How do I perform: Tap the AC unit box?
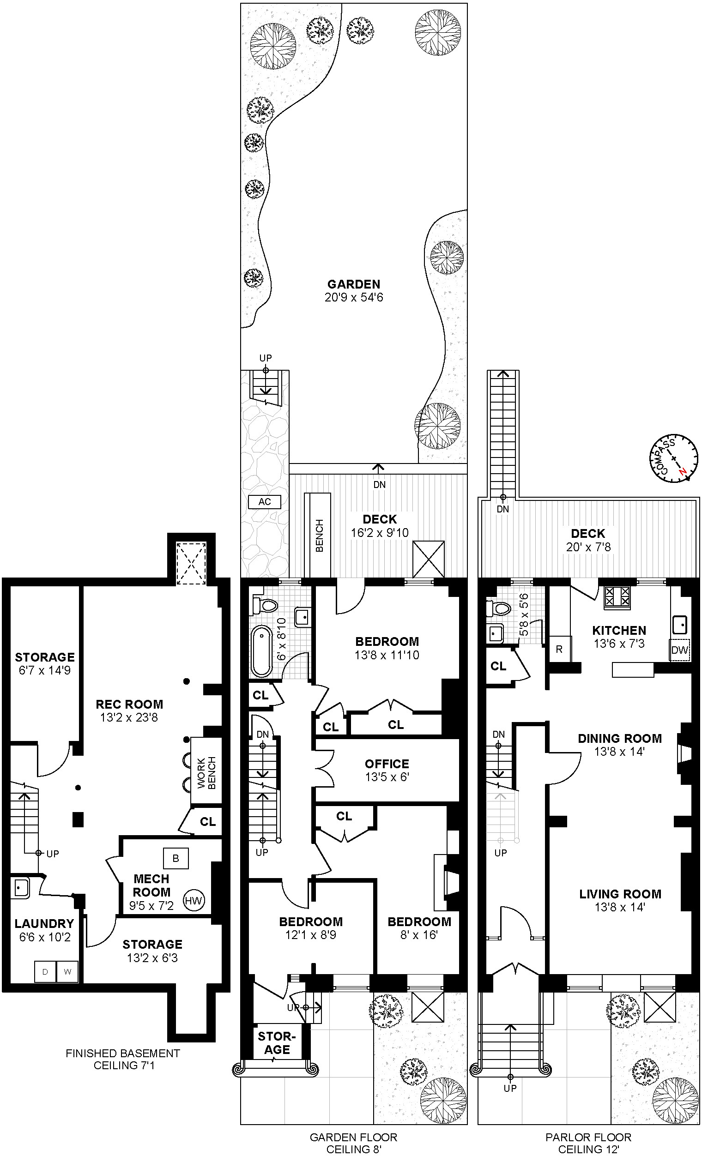(x=265, y=501)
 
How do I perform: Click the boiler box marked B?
(x=176, y=858)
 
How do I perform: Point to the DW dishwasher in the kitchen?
(x=679, y=650)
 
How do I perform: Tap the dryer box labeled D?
(x=46, y=971)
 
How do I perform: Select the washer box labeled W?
(x=67, y=971)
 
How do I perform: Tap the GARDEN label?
(x=354, y=284)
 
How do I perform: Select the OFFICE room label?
(x=387, y=764)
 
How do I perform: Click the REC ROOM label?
(x=129, y=704)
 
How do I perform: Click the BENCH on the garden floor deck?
(x=319, y=536)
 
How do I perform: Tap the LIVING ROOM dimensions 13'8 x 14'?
(x=620, y=907)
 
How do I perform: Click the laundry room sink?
(x=20, y=888)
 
